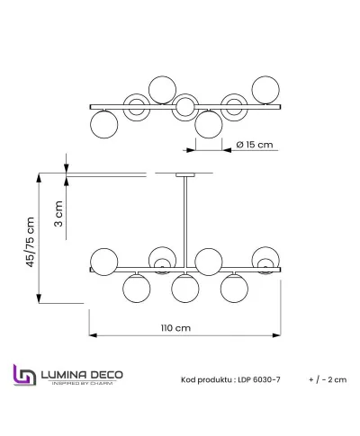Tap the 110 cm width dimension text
pyautogui.click(x=178, y=328)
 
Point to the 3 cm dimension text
pyautogui.click(x=58, y=216)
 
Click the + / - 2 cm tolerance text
pyautogui.click(x=326, y=379)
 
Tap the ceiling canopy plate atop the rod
pyautogui.click(x=184, y=175)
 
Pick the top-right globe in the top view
pyautogui.click(x=265, y=90)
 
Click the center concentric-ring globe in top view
pyautogui.click(x=184, y=106)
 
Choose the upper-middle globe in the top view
pyautogui.click(x=162, y=89)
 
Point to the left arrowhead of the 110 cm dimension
pyautogui.click(x=91, y=336)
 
